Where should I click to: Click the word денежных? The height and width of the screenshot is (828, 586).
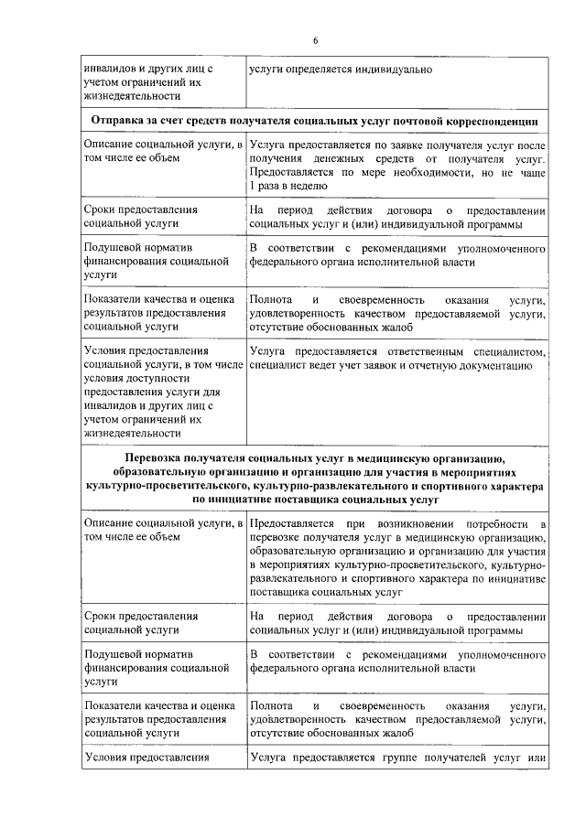pyautogui.click(x=344, y=158)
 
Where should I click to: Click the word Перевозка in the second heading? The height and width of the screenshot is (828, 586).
pyautogui.click(x=155, y=458)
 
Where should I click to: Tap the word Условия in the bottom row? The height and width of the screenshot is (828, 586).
pyautogui.click(x=106, y=758)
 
